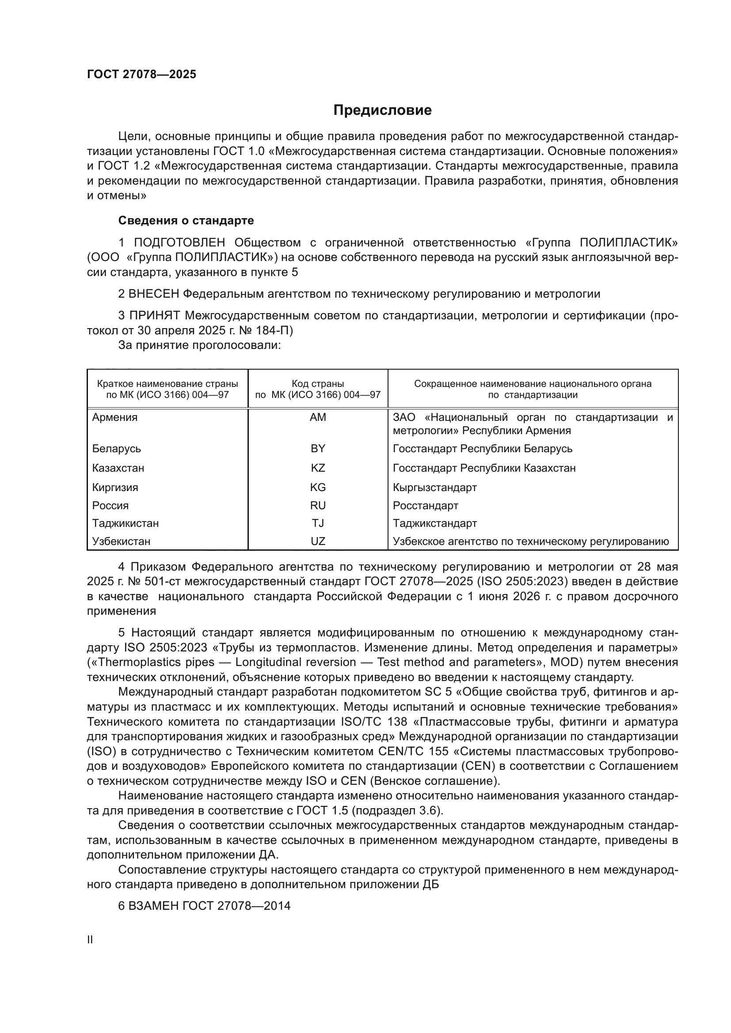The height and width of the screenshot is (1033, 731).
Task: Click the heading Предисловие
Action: (x=382, y=110)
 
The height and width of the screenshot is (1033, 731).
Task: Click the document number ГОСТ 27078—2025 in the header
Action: (x=142, y=75)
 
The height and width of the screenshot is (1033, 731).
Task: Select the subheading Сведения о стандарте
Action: (x=186, y=220)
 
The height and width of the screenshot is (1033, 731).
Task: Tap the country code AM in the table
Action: (x=318, y=417)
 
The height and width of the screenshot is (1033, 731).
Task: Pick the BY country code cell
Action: (x=318, y=449)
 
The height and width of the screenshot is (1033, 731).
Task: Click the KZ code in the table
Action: (x=318, y=468)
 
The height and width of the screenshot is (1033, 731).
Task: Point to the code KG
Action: (x=318, y=488)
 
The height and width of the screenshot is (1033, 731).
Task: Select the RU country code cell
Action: (x=318, y=506)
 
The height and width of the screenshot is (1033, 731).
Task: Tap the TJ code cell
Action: (x=318, y=523)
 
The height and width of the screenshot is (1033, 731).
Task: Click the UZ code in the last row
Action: (x=318, y=541)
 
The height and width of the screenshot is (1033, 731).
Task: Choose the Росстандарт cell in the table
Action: (x=425, y=506)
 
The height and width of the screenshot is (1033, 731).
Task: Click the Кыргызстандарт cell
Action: (x=435, y=488)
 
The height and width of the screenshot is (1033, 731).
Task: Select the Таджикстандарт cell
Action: (x=435, y=523)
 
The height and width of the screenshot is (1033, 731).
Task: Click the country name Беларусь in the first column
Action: (x=117, y=449)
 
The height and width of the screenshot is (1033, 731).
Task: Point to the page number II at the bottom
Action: (x=90, y=940)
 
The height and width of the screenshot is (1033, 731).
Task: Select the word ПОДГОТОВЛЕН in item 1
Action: (x=179, y=243)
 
